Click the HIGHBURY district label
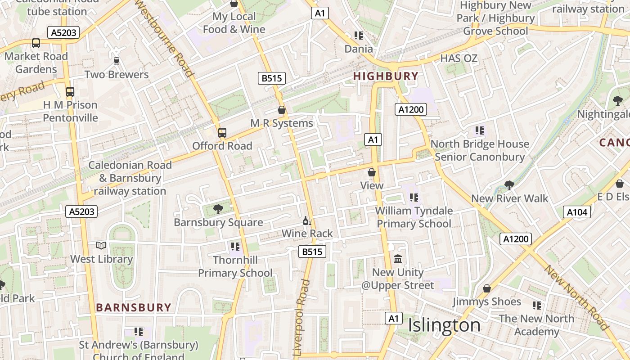[x=386, y=76]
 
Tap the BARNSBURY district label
[x=134, y=308]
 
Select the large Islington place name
[x=444, y=325]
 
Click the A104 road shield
[x=577, y=212]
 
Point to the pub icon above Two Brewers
[x=117, y=61]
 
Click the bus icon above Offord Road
[x=222, y=133]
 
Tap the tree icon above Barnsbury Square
[x=218, y=209]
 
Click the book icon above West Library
[x=102, y=246]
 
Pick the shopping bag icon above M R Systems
[x=282, y=110]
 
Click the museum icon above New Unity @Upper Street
[x=398, y=259]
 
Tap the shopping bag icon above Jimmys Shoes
[x=486, y=288]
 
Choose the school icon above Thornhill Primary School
[x=235, y=247]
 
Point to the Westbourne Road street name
[x=165, y=38]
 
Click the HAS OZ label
[x=459, y=58]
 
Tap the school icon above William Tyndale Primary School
[x=414, y=198]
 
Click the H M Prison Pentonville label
[x=70, y=111]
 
